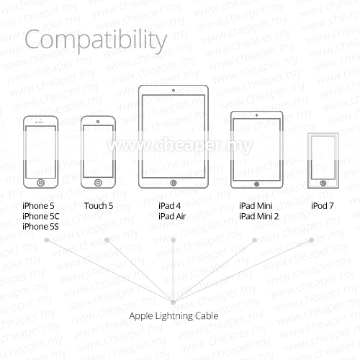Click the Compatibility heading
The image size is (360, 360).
[x=96, y=40]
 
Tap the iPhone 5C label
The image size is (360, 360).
[x=40, y=216]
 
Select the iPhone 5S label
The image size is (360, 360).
[x=40, y=227]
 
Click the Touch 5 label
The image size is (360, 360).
[x=99, y=206]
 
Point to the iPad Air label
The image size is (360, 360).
[x=172, y=216]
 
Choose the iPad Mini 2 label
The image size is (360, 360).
[x=258, y=216]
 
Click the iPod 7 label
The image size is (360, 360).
[x=322, y=206]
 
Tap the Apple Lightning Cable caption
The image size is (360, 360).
[x=174, y=316]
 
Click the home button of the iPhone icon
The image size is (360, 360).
[x=41, y=183]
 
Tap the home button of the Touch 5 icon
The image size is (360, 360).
[x=98, y=183]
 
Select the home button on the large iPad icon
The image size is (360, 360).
[x=174, y=183]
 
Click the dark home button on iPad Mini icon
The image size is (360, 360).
[x=256, y=184]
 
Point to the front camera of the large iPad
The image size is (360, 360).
[x=174, y=91]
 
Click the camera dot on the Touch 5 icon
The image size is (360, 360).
[x=98, y=122]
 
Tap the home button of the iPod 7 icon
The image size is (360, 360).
[x=323, y=184]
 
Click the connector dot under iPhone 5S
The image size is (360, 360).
[x=47, y=240]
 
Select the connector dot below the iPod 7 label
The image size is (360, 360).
[x=312, y=240]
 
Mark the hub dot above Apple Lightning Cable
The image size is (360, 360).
[x=173, y=302]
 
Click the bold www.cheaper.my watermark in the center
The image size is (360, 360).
[x=180, y=145]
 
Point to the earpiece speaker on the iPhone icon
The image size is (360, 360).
[x=41, y=122]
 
